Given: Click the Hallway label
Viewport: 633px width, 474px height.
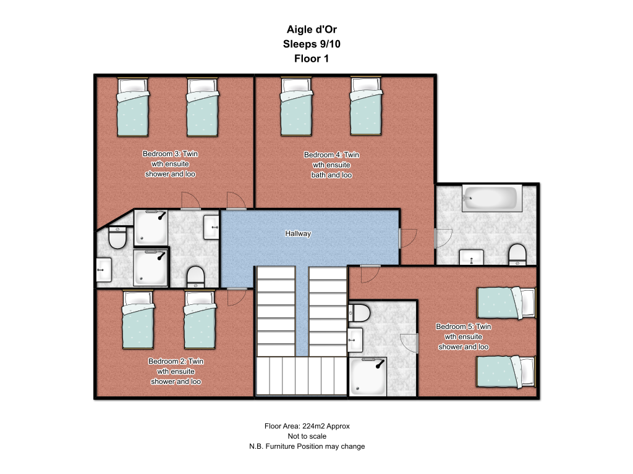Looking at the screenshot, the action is click(298, 233).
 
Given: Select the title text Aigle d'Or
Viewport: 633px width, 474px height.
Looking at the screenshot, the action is click(312, 30).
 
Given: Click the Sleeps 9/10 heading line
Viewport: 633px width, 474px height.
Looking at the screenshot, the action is click(312, 44).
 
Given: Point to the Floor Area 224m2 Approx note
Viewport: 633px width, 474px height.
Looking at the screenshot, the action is click(307, 426).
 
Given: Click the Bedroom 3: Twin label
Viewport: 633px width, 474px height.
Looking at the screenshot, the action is click(171, 154).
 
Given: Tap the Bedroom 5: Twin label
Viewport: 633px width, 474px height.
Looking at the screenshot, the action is click(464, 326).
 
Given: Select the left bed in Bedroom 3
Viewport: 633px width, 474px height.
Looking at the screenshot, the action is click(133, 107).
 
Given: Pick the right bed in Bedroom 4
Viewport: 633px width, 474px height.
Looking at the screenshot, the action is click(366, 106).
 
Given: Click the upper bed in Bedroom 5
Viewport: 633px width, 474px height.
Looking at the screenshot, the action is click(506, 302).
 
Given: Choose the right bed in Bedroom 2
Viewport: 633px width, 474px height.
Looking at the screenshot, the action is click(200, 319).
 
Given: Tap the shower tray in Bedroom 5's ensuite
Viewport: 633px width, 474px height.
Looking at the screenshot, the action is click(368, 376).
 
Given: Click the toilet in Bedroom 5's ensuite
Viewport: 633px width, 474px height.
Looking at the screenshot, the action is click(359, 313).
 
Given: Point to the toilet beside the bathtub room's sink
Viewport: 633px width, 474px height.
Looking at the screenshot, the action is click(517, 255).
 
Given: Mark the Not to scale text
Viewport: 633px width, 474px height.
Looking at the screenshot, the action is click(307, 436).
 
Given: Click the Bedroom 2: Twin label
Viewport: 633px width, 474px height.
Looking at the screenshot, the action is click(176, 361).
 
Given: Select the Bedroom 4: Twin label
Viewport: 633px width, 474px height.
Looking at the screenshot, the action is click(331, 155).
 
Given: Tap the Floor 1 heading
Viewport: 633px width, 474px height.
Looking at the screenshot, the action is click(312, 59).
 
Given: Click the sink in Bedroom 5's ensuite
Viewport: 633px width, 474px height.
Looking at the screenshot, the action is click(355, 340).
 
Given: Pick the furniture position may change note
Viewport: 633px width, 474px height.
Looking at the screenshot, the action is click(307, 446).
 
